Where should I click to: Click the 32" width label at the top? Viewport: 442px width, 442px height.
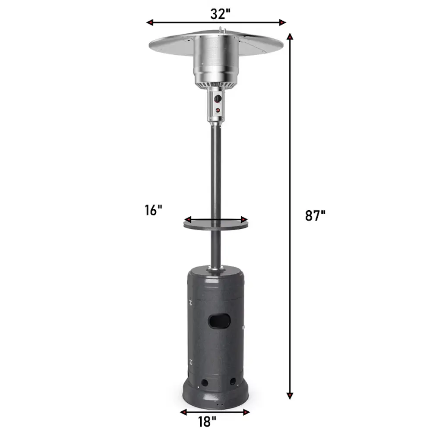220,14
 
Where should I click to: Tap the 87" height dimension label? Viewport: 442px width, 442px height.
315,216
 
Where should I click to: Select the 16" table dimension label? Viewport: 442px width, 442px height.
153,210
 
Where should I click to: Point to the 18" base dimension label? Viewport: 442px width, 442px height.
207,422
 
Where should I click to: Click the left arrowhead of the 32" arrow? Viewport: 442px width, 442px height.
150,22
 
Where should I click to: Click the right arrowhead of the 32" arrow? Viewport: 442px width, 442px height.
282,22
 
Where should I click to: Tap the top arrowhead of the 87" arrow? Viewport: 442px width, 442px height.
290,36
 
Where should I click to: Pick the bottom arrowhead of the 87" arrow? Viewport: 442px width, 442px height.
290,396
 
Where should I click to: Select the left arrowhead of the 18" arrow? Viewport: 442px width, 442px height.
183,412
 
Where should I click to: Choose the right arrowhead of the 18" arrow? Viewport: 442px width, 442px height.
246,412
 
